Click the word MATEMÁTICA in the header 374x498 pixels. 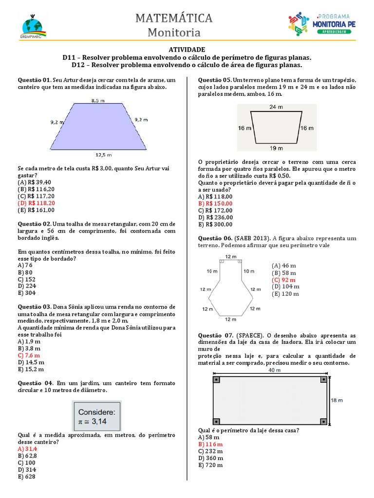tap(174, 18)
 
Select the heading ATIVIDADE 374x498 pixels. tap(187, 50)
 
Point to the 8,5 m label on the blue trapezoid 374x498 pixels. tap(97, 100)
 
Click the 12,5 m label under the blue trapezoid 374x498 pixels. tap(103, 155)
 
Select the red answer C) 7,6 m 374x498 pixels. tap(29, 355)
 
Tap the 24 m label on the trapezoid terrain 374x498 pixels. tap(276, 107)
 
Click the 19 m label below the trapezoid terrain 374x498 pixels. tap(276, 148)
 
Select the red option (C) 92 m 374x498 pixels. tap(283, 280)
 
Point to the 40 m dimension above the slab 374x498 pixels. tap(275, 370)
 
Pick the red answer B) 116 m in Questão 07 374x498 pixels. tap(210, 444)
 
